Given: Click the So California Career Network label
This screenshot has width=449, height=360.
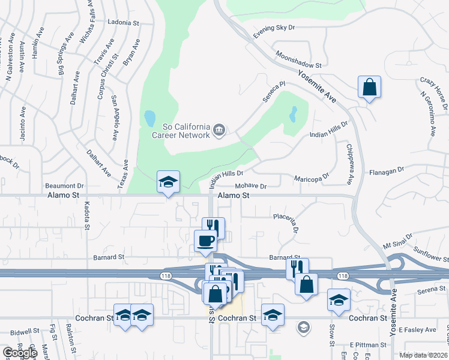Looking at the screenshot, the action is coord(186,131).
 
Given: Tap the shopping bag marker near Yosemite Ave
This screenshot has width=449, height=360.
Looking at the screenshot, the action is coord(369,87).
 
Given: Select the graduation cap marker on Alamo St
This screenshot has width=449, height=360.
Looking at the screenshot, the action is coord(169,182).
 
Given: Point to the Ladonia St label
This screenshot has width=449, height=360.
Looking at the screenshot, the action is coord(123,22).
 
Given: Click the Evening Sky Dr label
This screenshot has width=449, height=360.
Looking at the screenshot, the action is coord(274,31).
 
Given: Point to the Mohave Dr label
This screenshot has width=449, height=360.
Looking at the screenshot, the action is coord(250,186).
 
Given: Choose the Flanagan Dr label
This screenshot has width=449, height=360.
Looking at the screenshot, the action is coord(387,171).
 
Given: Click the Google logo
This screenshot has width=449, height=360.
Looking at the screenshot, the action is coord(19,353).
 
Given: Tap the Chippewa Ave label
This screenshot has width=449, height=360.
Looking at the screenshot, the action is coord(348,164).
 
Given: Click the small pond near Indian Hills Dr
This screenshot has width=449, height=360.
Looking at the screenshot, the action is coord(293,113).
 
